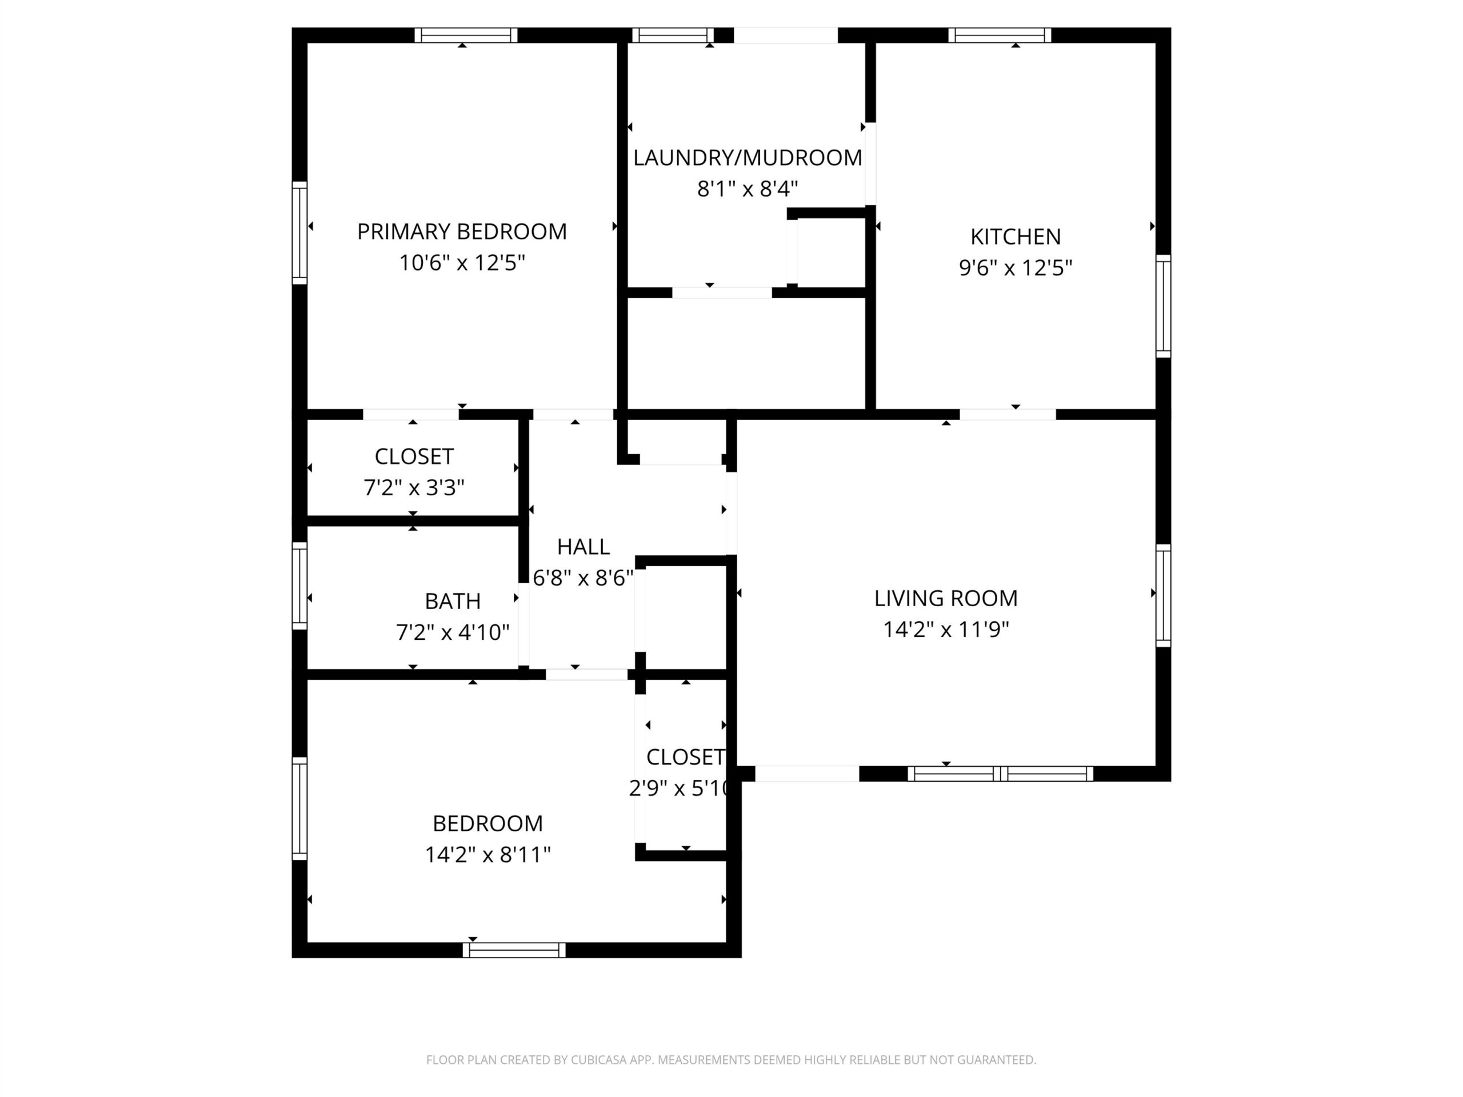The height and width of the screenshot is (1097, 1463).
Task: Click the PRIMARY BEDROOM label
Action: (462, 231)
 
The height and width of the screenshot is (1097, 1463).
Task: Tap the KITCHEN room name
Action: (1015, 236)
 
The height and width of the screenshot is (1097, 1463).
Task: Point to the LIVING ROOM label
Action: (946, 598)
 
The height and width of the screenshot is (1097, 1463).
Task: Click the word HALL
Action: (583, 546)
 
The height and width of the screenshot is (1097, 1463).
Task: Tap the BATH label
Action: (453, 601)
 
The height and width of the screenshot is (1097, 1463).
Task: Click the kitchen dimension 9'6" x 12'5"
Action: (1015, 268)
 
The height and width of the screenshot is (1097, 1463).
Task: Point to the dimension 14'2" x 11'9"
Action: (946, 629)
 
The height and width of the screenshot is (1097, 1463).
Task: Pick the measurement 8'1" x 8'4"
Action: (748, 189)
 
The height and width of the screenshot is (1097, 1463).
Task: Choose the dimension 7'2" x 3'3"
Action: (414, 487)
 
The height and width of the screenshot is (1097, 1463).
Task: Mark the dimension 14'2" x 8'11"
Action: (487, 854)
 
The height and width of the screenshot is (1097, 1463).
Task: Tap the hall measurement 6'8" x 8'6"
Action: (583, 578)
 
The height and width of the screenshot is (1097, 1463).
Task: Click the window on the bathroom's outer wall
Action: (299, 586)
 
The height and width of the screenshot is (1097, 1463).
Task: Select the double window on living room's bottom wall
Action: (1000, 774)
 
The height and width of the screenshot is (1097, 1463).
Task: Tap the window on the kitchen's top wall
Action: (1000, 35)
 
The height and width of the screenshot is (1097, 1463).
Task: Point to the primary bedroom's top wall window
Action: (466, 35)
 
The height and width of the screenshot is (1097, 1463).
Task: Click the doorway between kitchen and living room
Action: (1008, 415)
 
